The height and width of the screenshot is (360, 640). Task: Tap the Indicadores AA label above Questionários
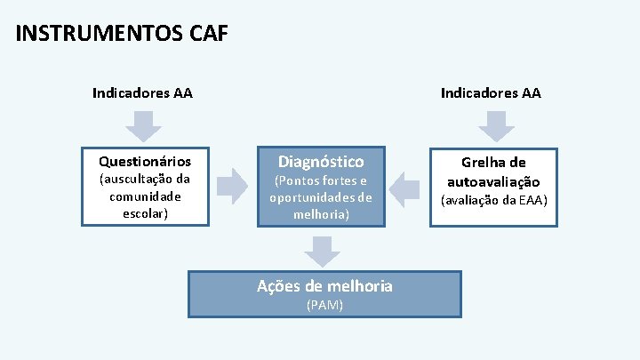point(142,92)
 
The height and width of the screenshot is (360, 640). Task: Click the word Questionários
point(145,162)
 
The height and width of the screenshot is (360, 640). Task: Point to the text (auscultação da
point(143,179)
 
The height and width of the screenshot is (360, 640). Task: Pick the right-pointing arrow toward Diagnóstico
point(233,188)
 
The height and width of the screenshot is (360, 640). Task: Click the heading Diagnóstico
point(321,161)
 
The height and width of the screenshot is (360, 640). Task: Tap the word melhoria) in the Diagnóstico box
point(320,214)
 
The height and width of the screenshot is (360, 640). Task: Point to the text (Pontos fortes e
point(320,180)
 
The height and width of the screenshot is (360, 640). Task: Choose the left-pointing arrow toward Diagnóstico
point(406,188)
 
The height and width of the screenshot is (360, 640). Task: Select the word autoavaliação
point(494,180)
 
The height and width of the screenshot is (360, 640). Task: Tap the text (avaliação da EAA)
point(494,199)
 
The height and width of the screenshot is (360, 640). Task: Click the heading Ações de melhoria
point(324,285)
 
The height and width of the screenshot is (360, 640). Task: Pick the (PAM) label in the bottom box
point(324,305)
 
